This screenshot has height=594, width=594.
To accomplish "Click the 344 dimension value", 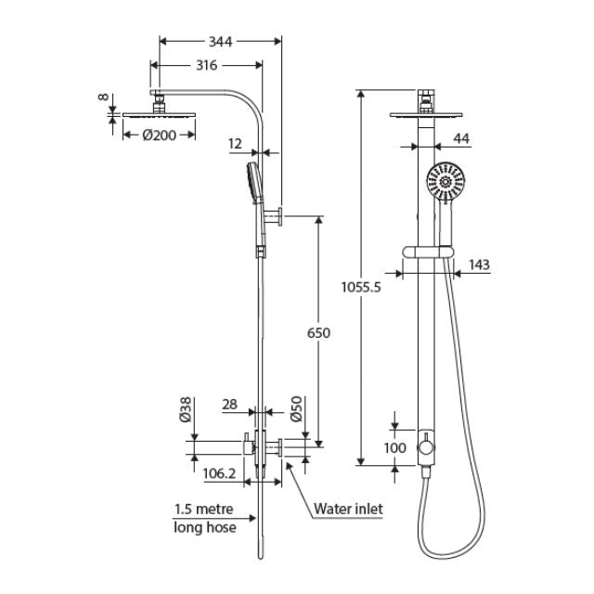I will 220,41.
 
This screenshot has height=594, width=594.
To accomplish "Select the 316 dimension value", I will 206,65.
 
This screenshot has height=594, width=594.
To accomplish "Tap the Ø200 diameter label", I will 159,134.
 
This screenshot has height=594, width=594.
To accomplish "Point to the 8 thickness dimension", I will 102,97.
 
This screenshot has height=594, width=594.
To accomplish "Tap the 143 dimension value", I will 478,265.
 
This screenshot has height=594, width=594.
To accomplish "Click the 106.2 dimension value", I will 219,473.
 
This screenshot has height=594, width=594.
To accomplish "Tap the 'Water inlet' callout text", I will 348,509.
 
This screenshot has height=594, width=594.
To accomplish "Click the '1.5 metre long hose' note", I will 204,519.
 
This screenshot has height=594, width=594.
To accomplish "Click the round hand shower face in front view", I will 445,182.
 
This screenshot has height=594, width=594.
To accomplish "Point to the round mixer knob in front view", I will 426,448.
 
